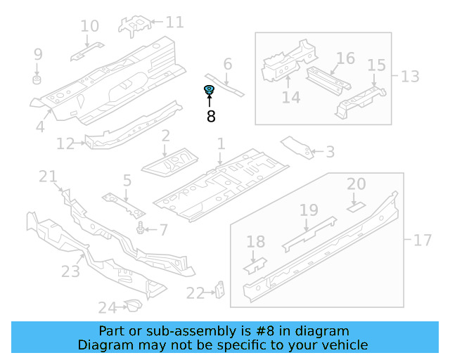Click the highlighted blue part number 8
click(x=209, y=89)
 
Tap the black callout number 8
click(x=211, y=117)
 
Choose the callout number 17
click(x=422, y=240)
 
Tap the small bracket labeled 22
click(x=219, y=290)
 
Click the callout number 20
click(x=356, y=184)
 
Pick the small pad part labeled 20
click(x=356, y=207)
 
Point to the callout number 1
click(x=220, y=144)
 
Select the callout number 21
click(x=48, y=176)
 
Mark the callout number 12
click(x=65, y=144)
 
